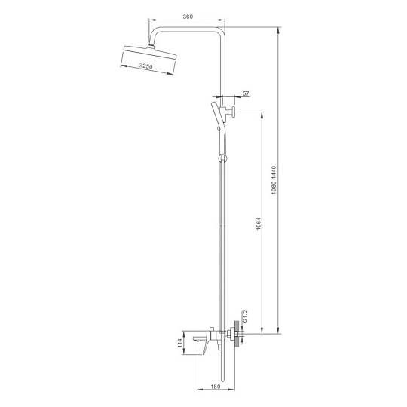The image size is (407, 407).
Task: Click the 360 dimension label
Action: (188, 17)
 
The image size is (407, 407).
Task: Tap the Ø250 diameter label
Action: (145, 66)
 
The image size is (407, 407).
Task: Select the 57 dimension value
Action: (245, 93)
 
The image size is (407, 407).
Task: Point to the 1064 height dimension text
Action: (259, 224)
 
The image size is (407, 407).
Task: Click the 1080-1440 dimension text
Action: (274, 180)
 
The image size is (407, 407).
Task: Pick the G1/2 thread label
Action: (245, 316)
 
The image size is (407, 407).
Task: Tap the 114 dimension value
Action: (179, 343)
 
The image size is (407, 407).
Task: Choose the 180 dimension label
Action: (215, 387)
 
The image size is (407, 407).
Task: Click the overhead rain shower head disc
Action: (150, 52)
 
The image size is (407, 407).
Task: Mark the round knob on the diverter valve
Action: (233, 112)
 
